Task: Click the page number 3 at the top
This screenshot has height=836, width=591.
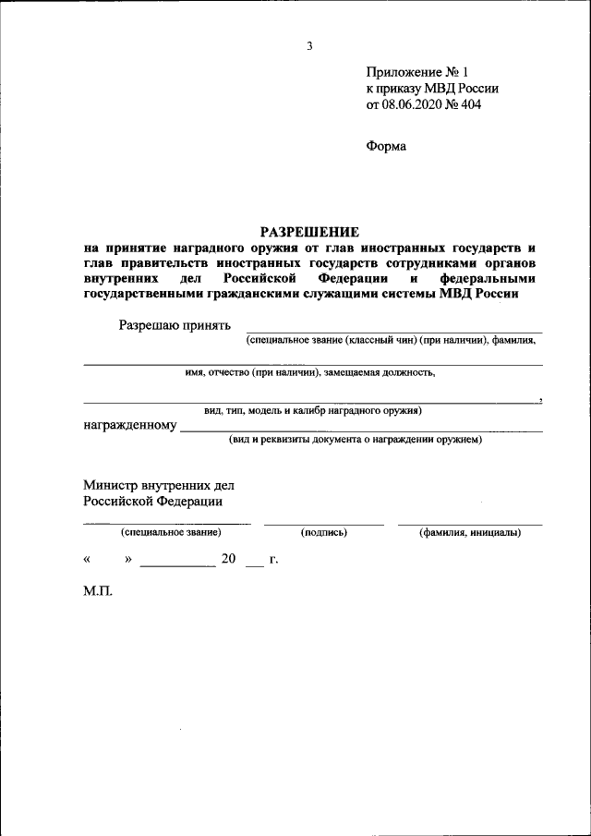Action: click(310, 46)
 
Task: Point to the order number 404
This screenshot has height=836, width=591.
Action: click(470, 104)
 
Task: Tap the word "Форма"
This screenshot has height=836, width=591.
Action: click(386, 145)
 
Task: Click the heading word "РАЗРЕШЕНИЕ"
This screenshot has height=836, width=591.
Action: click(308, 231)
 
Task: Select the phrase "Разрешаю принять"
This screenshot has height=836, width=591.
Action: click(175, 324)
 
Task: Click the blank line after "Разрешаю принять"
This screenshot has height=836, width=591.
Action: click(393, 330)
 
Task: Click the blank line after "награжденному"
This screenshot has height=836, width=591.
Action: click(361, 430)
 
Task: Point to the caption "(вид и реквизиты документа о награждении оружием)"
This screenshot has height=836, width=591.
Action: click(356, 441)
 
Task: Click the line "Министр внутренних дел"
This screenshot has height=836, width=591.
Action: click(159, 485)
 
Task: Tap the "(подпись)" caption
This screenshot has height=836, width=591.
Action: click(323, 533)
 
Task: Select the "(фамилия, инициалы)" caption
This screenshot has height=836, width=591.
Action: click(469, 533)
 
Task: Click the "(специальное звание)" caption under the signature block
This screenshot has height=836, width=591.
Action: click(169, 533)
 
